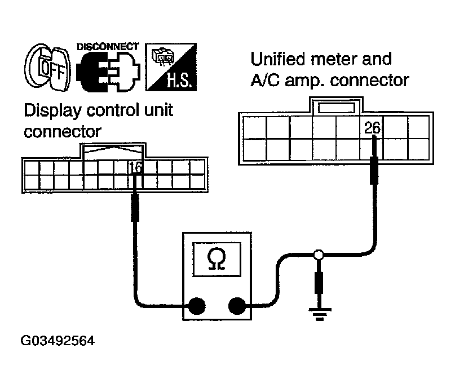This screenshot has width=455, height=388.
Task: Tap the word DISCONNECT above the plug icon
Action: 107,46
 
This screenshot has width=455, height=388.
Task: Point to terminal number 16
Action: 135,167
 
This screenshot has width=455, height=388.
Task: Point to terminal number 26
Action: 372,128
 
